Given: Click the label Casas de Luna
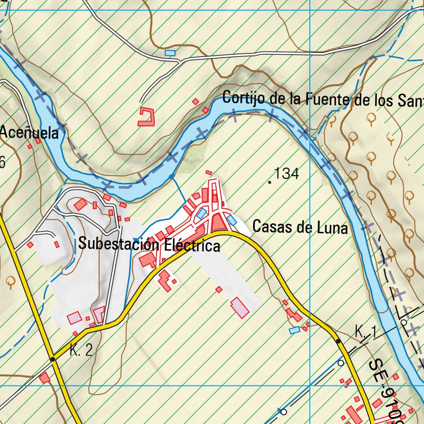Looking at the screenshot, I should pos(300,227).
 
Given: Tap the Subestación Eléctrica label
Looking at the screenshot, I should pos(149,244).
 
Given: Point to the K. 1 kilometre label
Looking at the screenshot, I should pos(365,331).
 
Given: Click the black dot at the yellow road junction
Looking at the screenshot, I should pos(52,359).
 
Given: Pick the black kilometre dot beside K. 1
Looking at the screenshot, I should pos(338,341).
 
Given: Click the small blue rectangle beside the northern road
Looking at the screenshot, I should pos(170,53).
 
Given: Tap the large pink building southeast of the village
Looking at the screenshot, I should pos(240,308).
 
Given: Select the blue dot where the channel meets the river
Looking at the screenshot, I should pos(171,177).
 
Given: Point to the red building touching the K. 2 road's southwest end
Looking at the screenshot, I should pos(45,378).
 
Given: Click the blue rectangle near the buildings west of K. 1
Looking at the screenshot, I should pos(294,330).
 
